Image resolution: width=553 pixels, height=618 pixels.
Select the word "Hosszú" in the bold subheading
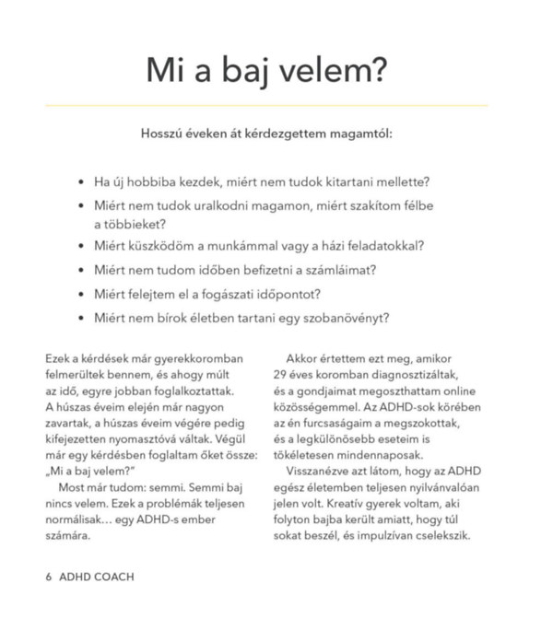click(163, 133)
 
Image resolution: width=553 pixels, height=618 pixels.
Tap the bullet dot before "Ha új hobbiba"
click(82, 182)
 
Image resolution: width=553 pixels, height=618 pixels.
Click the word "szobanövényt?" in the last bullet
click(345, 319)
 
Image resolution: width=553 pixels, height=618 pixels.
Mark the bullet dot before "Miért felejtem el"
click(82, 295)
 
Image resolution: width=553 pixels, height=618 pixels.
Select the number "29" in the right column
click(282, 376)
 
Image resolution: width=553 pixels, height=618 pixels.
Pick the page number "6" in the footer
click(49, 577)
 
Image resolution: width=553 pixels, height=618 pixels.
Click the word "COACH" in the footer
click(114, 577)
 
